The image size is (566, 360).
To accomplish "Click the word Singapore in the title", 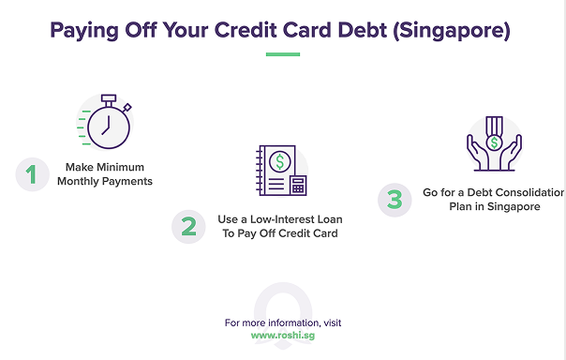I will click(x=458, y=31).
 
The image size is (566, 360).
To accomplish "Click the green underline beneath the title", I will click(x=282, y=54).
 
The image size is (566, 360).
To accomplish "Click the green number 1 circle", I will click(x=33, y=173).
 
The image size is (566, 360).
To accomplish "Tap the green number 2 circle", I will click(x=188, y=226).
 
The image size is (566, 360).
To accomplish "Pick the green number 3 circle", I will click(x=395, y=199).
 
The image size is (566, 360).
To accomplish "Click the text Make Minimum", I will click(x=105, y=167).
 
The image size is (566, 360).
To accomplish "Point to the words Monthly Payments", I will click(x=105, y=181).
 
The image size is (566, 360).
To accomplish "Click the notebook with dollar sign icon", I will click(x=277, y=170).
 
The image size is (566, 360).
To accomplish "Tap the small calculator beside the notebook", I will click(x=298, y=185).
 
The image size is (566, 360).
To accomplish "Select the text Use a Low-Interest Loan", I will click(x=279, y=218).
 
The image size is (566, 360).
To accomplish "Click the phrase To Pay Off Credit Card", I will click(x=279, y=232).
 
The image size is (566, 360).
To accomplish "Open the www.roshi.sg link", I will click(x=282, y=335).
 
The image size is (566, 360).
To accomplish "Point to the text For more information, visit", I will click(x=282, y=322).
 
